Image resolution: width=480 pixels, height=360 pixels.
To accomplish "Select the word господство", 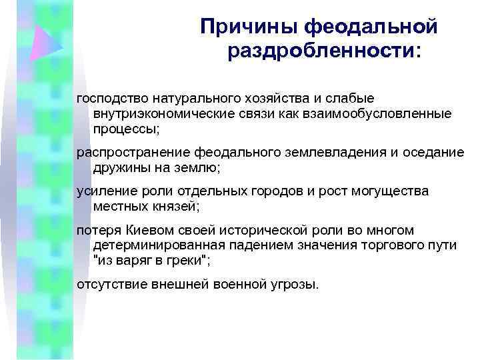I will click(110, 99).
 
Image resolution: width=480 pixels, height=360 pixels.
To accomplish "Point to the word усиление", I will click(102, 191).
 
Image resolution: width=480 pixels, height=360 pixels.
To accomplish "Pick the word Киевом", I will click(145, 231).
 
